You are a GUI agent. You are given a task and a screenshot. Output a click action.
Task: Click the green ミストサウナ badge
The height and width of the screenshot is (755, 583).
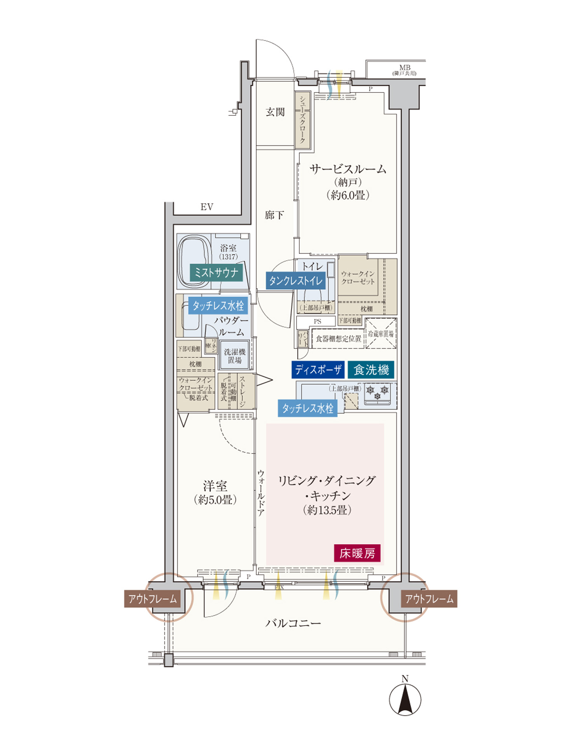tap(216, 273)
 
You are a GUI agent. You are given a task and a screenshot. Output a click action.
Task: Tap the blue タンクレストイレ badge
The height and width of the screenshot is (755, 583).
tap(296, 281)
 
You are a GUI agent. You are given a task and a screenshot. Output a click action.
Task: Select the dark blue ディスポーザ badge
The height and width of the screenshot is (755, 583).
tap(318, 370)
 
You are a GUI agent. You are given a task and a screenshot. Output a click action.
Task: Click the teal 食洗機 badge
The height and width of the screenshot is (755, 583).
tap(371, 370)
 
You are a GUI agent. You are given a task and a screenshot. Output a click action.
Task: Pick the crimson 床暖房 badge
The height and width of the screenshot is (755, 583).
tap(357, 553)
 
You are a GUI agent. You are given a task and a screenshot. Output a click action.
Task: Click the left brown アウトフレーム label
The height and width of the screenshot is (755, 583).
tap(152, 599)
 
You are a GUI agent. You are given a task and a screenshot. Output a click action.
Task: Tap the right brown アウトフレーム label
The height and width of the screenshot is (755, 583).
tap(429, 599)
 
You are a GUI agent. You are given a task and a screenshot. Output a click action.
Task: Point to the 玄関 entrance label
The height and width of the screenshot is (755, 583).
tap(275, 112)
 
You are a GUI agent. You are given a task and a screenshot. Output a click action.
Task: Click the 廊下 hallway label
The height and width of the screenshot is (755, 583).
tap(274, 215)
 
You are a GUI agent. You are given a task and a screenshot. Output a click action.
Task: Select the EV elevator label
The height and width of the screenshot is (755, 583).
tap(207, 207)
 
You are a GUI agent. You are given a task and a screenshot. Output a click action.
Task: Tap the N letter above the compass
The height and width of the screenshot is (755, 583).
tap(405, 679)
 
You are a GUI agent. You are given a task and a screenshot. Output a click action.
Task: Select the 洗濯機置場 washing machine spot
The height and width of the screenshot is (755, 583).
tap(234, 356)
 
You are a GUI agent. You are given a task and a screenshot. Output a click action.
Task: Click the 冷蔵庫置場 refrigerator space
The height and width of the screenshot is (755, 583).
tap(381, 333)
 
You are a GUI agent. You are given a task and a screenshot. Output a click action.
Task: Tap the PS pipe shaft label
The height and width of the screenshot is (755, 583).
tap(317, 321)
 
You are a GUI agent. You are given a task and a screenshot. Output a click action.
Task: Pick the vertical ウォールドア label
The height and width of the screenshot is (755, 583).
tap(261, 493)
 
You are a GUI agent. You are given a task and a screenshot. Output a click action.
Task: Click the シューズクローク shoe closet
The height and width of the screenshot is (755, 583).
tap(302, 120)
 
